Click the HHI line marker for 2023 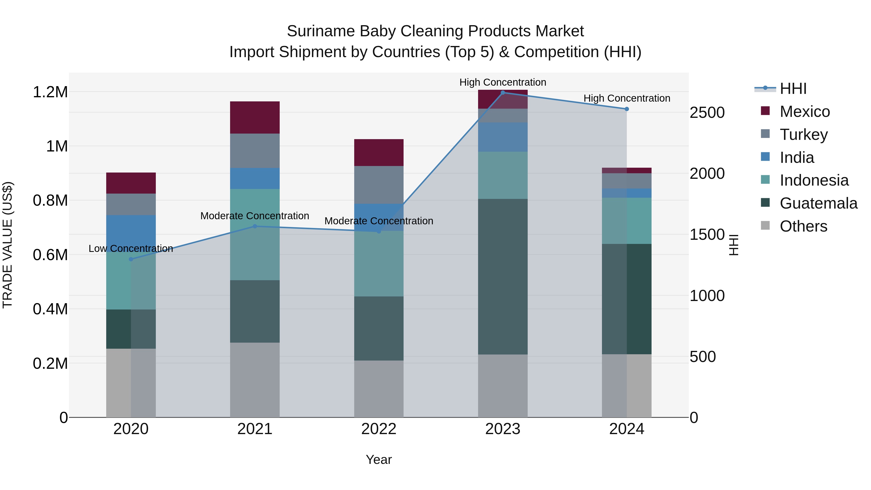[x=503, y=93]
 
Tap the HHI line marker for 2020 [x=131, y=259]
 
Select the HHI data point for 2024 [x=627, y=109]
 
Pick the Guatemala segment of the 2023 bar [x=503, y=276]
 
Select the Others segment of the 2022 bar [x=379, y=389]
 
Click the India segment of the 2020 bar [x=131, y=233]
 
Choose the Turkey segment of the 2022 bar [x=379, y=185]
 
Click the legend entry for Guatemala [x=818, y=204]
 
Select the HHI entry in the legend [x=793, y=89]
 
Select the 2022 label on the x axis [x=379, y=429]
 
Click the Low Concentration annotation [x=131, y=249]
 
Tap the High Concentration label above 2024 [x=627, y=98]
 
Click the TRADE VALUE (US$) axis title [x=8, y=245]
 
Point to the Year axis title [x=379, y=460]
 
